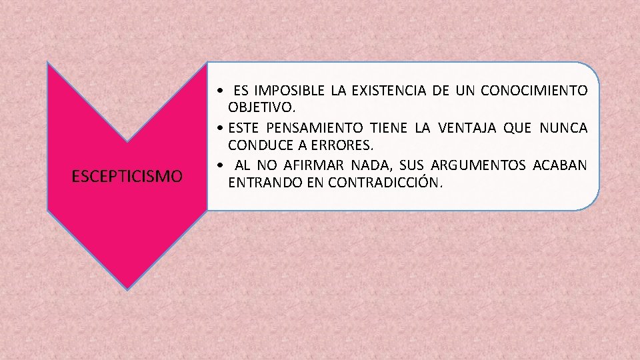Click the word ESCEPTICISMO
(127, 177)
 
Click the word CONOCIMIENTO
(535, 91)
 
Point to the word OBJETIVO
(261, 107)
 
